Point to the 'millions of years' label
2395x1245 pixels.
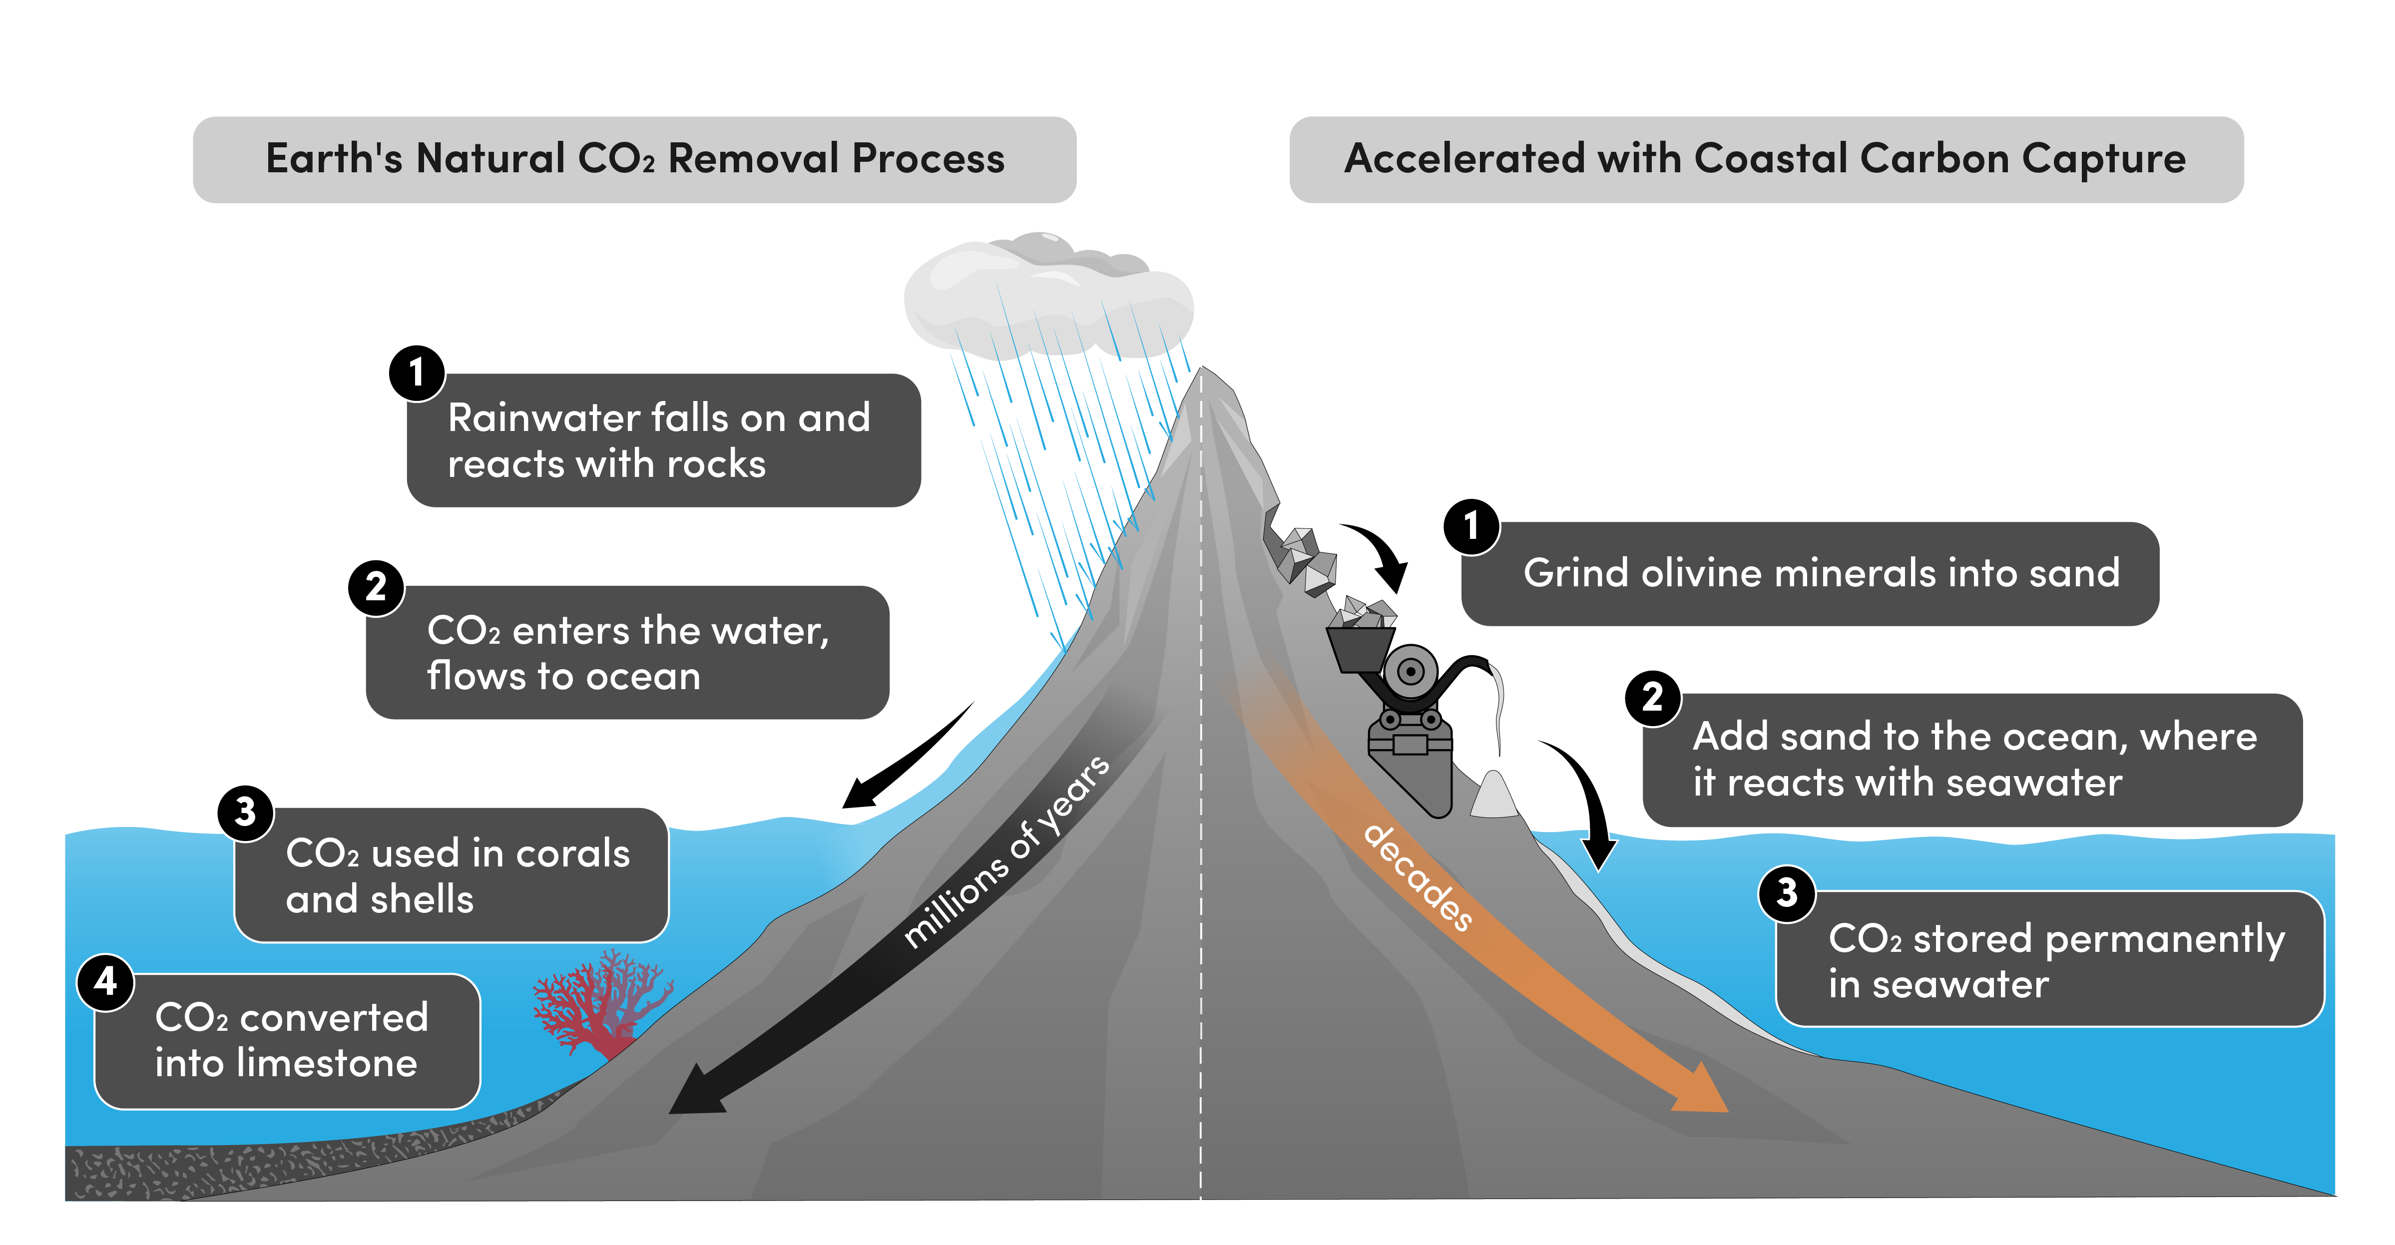[x=1006, y=852]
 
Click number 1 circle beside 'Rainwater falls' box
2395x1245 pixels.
[x=416, y=373]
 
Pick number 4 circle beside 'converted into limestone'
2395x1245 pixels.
[x=105, y=981]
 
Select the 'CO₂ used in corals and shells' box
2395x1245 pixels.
[x=452, y=876]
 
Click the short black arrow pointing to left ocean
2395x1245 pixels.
[x=907, y=758]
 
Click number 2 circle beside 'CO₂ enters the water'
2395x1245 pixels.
[x=376, y=587]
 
